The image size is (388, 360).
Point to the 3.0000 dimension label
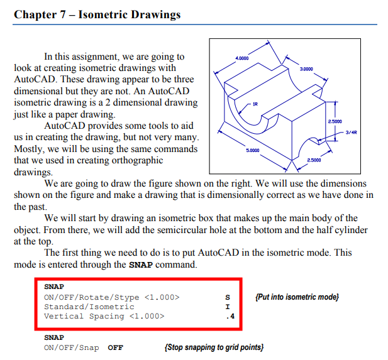point(308,68)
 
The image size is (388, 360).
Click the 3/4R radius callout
point(352,133)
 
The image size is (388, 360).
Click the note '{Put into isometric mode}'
point(297,297)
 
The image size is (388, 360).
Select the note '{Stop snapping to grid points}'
point(213,347)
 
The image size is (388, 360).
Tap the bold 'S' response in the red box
point(228,297)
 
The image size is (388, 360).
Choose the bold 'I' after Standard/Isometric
point(228,307)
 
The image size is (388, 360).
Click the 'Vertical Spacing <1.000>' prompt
point(104,316)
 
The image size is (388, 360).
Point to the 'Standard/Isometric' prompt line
point(89,307)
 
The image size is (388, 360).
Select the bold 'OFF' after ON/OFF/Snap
point(116,347)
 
